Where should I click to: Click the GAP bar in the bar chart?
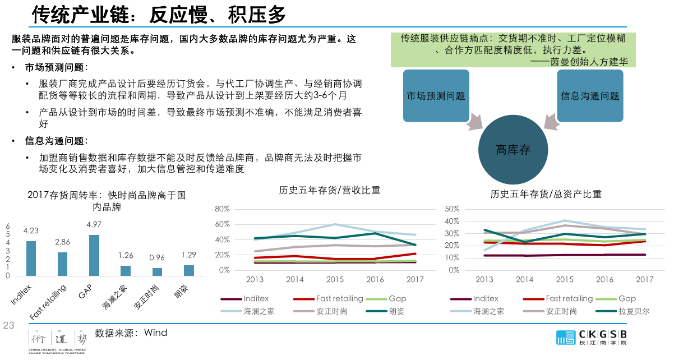pos(94,255)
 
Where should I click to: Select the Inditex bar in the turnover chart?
pos(31,259)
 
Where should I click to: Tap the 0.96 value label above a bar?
pos(157,259)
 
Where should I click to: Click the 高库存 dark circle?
pos(513,150)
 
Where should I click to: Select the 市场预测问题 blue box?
pos(436,96)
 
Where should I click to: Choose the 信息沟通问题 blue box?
pos(590,96)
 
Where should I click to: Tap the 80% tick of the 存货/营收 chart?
pos(222,209)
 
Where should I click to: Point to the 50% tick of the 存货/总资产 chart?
pos(452,209)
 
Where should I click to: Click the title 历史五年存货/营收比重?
pos(330,191)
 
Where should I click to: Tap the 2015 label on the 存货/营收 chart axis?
pos(335,279)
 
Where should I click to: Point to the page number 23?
pos(8,325)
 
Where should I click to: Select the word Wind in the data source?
pos(155,333)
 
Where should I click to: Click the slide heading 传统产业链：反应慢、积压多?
pos(159,14)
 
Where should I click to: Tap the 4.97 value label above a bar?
pos(94,225)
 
